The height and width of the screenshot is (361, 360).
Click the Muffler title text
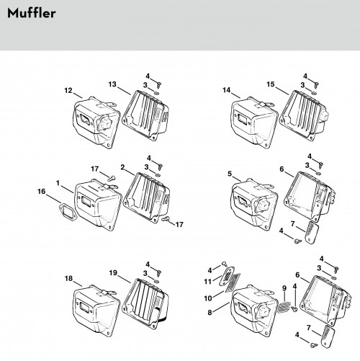32,13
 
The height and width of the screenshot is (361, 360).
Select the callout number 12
68,91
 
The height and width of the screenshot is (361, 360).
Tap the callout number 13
112,84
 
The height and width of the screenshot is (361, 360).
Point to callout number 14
227,90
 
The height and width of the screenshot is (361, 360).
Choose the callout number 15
271,84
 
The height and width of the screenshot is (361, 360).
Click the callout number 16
41,192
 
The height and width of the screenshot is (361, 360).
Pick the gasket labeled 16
68,212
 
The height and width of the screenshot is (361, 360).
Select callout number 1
58,183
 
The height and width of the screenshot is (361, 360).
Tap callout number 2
122,167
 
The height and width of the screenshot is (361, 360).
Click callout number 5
230,174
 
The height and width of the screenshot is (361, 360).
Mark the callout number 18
68,278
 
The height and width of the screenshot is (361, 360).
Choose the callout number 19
113,273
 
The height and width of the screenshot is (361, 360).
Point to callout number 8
210,313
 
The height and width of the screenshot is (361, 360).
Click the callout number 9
284,288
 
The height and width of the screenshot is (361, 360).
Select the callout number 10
208,298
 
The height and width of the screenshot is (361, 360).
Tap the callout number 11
207,281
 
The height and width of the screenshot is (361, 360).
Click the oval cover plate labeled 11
227,276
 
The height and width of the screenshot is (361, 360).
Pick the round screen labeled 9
284,307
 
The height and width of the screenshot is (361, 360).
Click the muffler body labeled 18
96,311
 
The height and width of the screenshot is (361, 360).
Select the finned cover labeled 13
145,115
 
